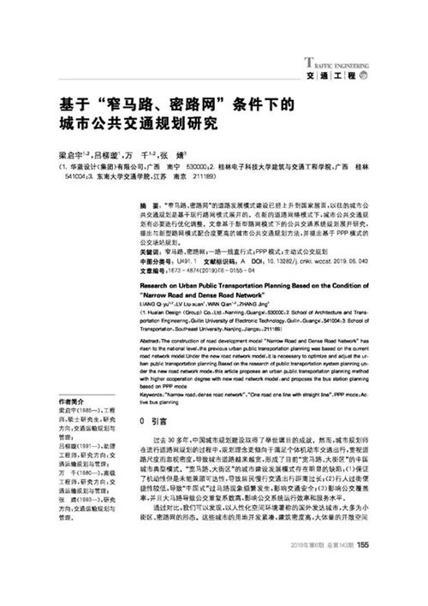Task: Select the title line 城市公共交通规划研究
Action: (138, 124)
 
